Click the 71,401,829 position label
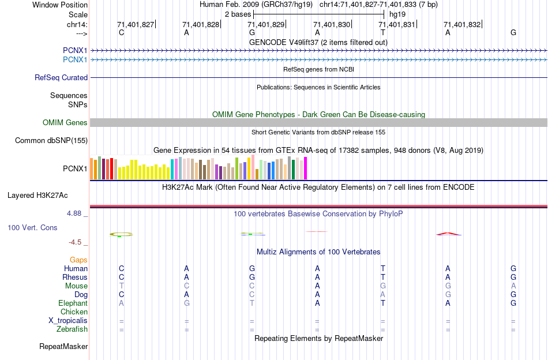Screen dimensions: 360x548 (x=267, y=25)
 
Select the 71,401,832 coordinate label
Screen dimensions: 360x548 (x=462, y=25)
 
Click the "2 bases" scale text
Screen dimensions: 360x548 (x=238, y=13)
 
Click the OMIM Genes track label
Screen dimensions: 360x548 (x=65, y=122)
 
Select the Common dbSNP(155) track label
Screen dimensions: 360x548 (x=51, y=140)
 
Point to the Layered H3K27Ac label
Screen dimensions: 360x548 (x=47, y=195)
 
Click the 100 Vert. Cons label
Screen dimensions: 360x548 (x=32, y=227)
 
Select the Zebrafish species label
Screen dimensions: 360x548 (x=72, y=329)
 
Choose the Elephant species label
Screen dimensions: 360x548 (x=73, y=303)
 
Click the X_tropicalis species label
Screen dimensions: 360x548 (x=68, y=320)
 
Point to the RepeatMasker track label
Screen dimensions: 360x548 (x=63, y=346)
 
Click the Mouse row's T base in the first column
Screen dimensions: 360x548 (x=121, y=286)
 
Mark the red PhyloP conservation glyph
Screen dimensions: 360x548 (x=448, y=234)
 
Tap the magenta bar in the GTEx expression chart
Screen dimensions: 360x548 (x=306, y=168)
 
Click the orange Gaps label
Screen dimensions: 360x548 (x=78, y=260)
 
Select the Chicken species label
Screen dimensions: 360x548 (x=74, y=312)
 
